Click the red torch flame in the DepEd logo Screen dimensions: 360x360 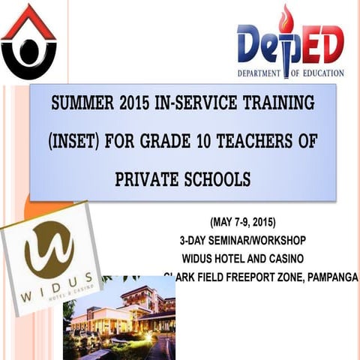coord(286,19)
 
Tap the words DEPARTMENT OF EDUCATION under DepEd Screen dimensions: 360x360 coord(291,73)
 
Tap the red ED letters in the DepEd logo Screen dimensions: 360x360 coord(321,45)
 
